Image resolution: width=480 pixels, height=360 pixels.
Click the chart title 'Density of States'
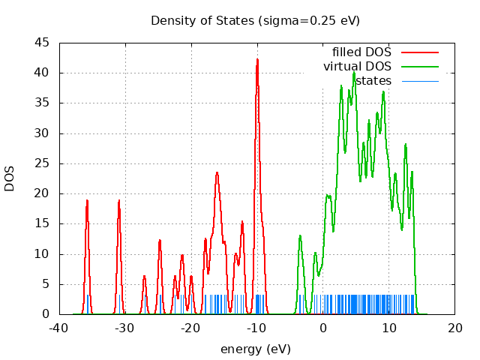[x=203, y=20]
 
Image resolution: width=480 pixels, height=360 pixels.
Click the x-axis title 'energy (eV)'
[x=256, y=349]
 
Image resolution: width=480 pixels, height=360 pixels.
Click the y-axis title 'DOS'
[x=10, y=178]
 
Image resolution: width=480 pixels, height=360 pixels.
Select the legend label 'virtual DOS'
[x=358, y=67]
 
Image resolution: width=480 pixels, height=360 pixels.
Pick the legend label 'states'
[x=373, y=81]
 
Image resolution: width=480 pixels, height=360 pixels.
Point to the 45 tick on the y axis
[x=43, y=43]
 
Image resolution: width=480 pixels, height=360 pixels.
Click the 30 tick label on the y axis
[x=43, y=133]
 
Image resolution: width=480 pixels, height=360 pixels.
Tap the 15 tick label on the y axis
[x=43, y=223]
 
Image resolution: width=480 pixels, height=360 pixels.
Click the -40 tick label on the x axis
[x=59, y=328]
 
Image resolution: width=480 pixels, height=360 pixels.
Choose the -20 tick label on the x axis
[x=191, y=328]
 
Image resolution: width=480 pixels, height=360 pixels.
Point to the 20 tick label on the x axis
[x=455, y=328]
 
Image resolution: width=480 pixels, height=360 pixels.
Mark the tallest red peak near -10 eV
[x=257, y=59]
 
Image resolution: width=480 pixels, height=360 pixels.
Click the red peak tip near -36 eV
[x=87, y=200]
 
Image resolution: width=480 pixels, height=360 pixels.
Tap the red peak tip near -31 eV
[x=119, y=200]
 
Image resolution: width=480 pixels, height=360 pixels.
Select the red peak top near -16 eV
[x=217, y=172]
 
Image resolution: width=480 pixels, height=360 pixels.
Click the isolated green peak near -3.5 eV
[x=300, y=236]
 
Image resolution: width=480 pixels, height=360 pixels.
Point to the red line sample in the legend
[x=420, y=52]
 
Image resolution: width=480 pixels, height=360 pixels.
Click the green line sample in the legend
[x=420, y=67]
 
